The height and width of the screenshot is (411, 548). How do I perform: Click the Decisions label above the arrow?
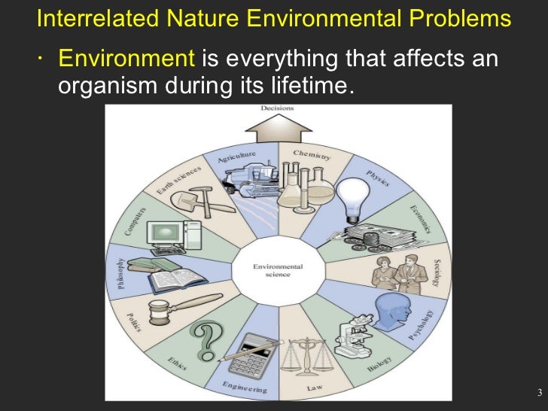point(277,108)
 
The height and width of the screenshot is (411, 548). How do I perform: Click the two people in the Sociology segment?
point(397,272)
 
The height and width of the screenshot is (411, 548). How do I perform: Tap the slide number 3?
point(540,393)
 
